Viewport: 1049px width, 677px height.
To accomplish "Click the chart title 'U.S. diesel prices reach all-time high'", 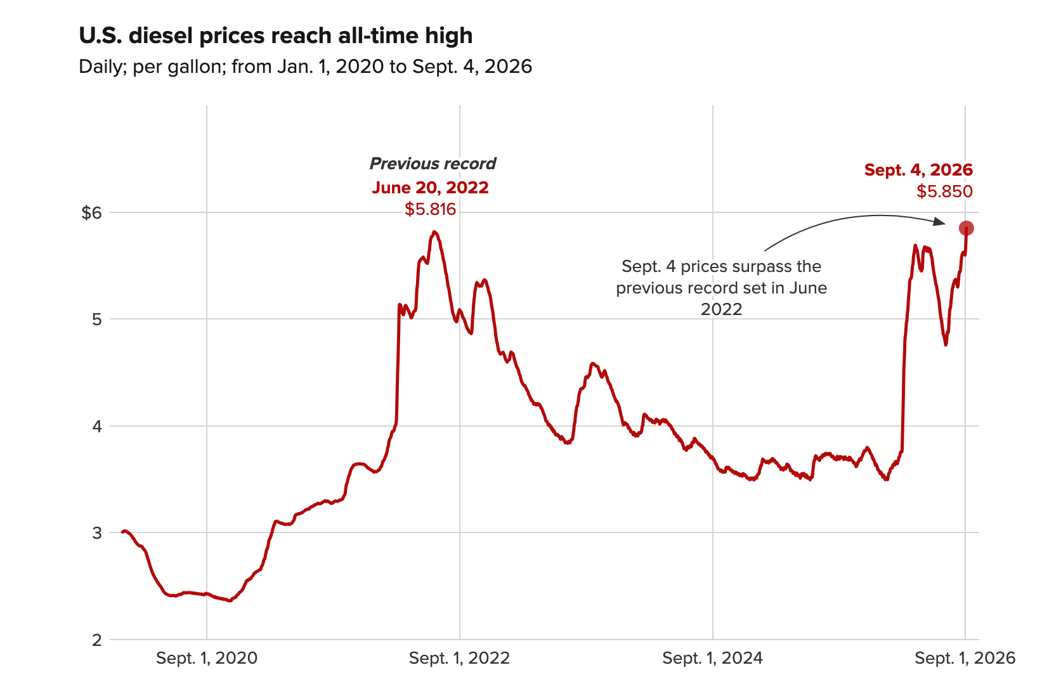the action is click(x=275, y=36).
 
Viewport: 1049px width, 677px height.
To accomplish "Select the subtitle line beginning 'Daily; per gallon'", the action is click(x=305, y=67).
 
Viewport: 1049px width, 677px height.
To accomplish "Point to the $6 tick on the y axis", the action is click(x=91, y=213).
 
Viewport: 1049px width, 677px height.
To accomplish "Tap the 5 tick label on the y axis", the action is click(x=96, y=319).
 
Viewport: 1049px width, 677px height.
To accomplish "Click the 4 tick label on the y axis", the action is click(x=96, y=427).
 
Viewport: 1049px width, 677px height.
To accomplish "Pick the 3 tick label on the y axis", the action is click(x=96, y=533).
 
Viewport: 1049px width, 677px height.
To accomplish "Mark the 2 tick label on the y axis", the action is click(x=96, y=640).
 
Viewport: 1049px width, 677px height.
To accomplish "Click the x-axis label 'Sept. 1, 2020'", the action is click(x=207, y=658).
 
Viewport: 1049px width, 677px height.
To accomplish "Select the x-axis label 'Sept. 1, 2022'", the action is click(x=459, y=658).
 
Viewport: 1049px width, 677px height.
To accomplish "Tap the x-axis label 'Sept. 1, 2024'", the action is click(x=712, y=658).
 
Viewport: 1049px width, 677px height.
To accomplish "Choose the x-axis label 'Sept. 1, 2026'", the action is click(x=965, y=658).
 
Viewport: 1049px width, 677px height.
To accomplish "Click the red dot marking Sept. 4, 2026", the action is click(x=966, y=228).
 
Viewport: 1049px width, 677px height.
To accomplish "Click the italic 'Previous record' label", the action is click(x=433, y=164).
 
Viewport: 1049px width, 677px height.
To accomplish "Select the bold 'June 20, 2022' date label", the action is click(x=431, y=188).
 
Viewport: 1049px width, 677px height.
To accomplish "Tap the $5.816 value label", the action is click(x=431, y=209).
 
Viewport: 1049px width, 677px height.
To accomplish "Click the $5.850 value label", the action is click(x=944, y=191).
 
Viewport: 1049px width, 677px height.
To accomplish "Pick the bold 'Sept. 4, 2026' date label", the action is click(x=918, y=170).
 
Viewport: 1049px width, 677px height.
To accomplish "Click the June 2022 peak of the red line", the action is click(x=434, y=232).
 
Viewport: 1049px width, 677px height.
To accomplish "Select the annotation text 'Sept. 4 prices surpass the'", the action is click(x=721, y=266).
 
